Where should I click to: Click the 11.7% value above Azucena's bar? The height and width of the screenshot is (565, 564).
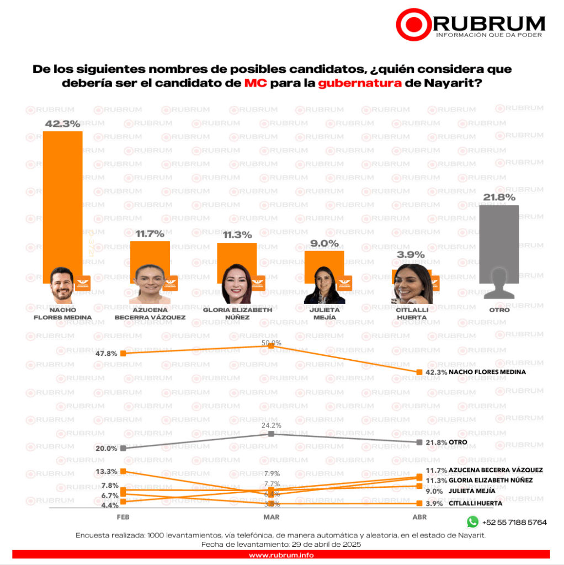[x=150, y=234]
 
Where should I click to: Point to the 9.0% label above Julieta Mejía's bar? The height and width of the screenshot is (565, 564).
[x=324, y=243]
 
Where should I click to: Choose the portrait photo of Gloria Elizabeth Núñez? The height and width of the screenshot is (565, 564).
[x=237, y=284]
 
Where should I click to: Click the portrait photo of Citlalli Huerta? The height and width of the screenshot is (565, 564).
[x=412, y=284]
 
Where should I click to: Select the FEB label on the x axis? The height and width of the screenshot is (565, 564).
[x=123, y=517]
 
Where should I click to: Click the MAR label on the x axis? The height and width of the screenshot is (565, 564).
[x=271, y=517]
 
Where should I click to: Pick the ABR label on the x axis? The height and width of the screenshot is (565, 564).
[x=419, y=517]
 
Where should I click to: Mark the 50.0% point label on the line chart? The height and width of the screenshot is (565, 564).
[x=271, y=343]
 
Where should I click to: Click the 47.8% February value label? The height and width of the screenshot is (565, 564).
[x=107, y=354]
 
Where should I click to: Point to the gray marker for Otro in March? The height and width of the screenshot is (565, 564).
[x=271, y=434]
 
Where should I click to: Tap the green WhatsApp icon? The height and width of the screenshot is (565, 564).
[x=472, y=521]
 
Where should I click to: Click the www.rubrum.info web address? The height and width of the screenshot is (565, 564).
[x=281, y=555]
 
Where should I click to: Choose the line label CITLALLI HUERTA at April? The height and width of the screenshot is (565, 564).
[x=475, y=503]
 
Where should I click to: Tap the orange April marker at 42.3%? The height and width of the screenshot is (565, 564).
[x=419, y=372]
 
